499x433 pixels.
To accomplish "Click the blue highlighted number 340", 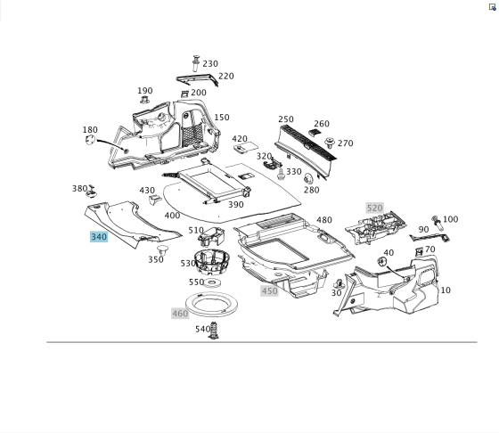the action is click(99, 237).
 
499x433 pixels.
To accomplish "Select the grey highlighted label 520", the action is click(374, 208).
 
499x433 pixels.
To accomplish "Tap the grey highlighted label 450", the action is click(269, 290).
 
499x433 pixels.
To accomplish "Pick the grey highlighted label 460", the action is click(180, 314).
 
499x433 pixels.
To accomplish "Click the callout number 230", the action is click(210, 63).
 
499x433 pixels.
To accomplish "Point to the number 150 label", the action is click(222, 118).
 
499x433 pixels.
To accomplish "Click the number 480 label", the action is click(324, 220).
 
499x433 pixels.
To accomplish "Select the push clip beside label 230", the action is click(196, 63).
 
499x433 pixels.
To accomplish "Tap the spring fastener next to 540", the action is click(214, 331).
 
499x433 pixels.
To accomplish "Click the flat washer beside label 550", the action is click(212, 282).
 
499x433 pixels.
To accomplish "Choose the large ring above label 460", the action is click(211, 305).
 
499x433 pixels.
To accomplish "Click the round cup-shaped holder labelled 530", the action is click(213, 262).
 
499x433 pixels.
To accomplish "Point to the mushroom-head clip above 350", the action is click(163, 249).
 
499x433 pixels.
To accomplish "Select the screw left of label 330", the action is click(281, 174).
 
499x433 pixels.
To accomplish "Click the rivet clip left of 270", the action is click(330, 143).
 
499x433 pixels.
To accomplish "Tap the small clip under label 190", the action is click(144, 100).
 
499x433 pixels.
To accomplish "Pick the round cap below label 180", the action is click(90, 140).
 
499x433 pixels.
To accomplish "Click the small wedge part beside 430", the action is click(155, 200).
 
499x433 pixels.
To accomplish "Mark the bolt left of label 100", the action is click(438, 223).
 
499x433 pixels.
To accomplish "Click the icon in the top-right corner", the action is click(492, 7).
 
